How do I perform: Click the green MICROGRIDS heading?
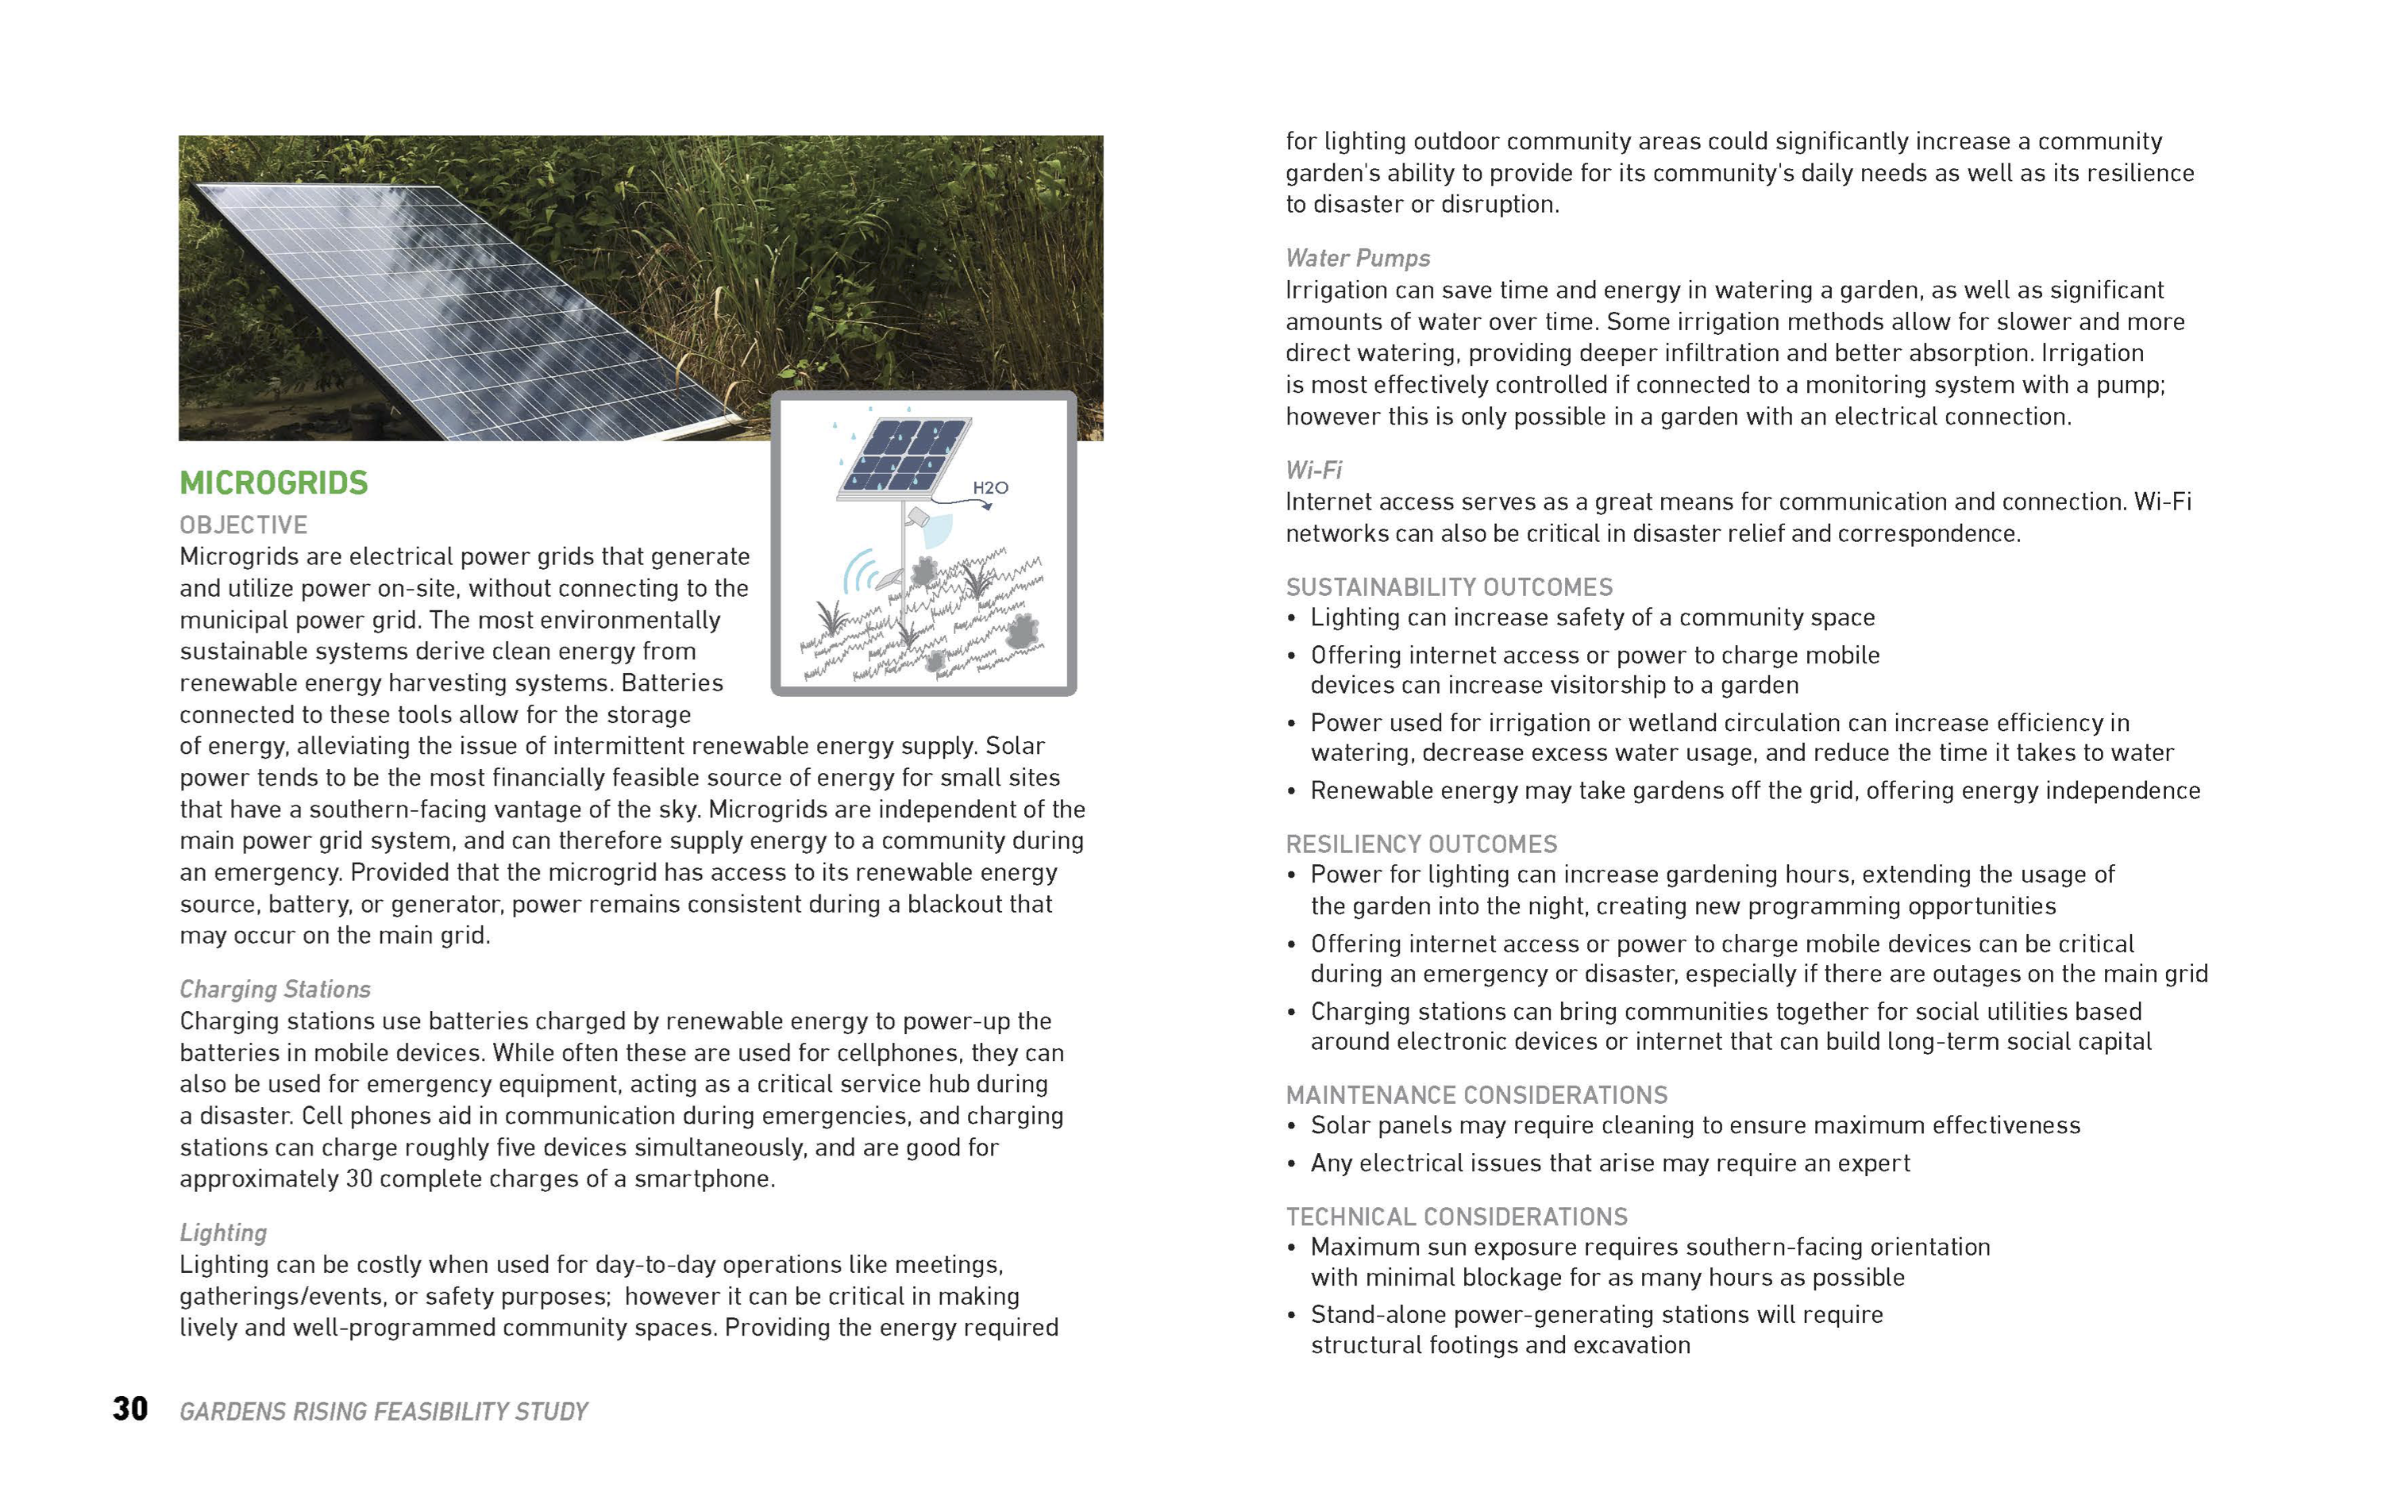274,483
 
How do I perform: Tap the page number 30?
130,1409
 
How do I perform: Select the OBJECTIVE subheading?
243,525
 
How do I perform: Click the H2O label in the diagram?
990,488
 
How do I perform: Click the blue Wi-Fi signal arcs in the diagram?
859,571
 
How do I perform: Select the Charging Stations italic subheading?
275,989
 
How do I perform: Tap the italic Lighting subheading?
223,1233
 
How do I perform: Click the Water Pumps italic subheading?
1358,258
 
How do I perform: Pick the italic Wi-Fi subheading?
1313,471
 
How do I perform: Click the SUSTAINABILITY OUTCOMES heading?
1449,587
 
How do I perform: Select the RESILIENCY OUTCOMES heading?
1421,844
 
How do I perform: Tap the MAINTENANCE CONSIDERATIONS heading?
1477,1095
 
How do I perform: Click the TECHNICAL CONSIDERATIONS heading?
1457,1217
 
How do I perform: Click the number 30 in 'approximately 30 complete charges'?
358,1179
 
